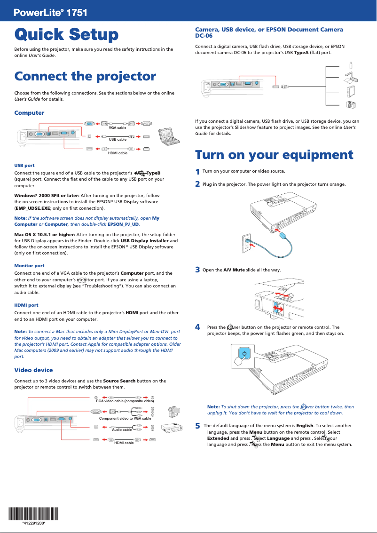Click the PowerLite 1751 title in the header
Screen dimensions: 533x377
(x=51, y=13)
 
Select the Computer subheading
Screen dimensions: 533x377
(x=29, y=113)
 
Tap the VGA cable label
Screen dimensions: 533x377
(x=118, y=128)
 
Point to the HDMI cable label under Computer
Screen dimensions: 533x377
(x=118, y=153)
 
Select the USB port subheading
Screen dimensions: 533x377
(x=24, y=166)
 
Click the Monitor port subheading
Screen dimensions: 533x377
(x=30, y=266)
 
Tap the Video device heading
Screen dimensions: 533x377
(x=33, y=370)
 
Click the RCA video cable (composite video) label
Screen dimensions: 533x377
(x=125, y=401)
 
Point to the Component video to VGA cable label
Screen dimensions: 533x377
(x=125, y=418)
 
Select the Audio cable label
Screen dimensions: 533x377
(x=122, y=430)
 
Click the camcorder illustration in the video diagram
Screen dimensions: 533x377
(x=173, y=412)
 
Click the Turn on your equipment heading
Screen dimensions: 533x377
(x=274, y=155)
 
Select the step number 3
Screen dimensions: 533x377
(x=197, y=270)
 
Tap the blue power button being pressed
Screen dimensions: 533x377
(x=245, y=354)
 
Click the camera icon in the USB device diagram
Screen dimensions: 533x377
(x=350, y=105)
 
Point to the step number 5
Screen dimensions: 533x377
(x=197, y=426)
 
